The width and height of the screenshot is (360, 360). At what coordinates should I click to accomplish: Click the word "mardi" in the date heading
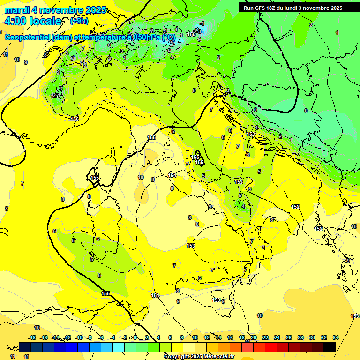coord(15,10)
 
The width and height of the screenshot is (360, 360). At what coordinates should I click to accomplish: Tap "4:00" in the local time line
coord(15,21)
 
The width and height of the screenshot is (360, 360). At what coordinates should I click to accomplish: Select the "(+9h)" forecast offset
coord(79,21)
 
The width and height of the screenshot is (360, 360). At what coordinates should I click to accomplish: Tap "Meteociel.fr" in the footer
coord(219,357)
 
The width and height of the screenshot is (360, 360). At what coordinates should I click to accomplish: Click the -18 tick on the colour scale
coord(32,337)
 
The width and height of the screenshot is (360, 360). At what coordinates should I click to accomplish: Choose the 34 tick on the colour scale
coord(335,337)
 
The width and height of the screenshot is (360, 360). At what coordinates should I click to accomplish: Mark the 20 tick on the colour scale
coord(253,337)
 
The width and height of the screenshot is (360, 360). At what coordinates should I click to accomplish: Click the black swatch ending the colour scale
coord(330,347)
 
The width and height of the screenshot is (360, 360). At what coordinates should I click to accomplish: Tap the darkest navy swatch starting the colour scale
coord(25,347)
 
